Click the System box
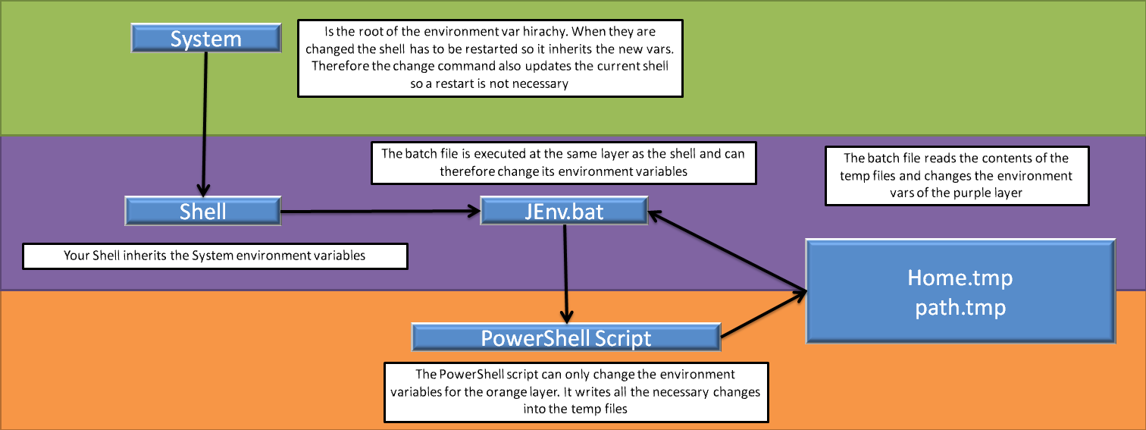[205, 39]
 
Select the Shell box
[202, 211]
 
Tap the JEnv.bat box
[564, 211]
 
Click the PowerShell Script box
[566, 337]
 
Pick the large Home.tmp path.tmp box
[960, 293]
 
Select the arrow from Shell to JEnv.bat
[379, 212]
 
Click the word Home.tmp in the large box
[960, 278]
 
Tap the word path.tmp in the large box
[960, 308]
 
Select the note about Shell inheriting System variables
[215, 256]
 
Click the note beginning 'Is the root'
[490, 58]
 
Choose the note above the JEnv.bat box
[563, 162]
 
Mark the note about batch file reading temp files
[957, 175]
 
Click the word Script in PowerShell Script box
[622, 337]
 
